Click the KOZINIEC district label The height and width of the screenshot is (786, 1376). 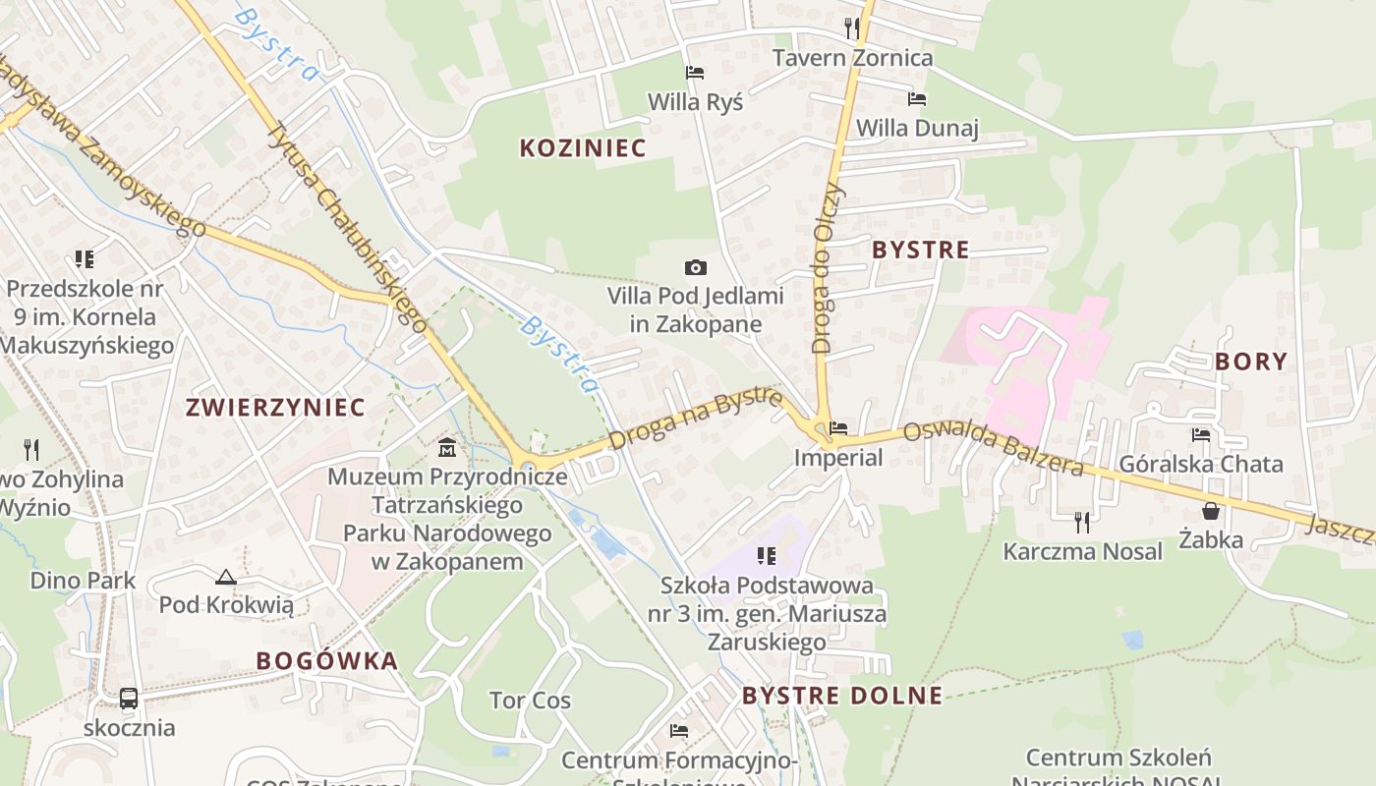583,148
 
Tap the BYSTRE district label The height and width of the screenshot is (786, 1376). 921,251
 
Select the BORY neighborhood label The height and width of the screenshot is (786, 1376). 1251,362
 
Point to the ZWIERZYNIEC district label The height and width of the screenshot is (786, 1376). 275,408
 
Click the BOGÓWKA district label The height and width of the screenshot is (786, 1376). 327,661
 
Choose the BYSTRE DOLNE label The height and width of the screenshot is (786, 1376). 842,697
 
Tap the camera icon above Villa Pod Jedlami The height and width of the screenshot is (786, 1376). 695,267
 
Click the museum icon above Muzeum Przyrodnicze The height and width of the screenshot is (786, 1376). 447,448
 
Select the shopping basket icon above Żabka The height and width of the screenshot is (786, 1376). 1211,511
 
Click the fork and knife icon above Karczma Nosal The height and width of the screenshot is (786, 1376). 1082,521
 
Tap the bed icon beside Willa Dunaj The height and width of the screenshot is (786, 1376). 917,99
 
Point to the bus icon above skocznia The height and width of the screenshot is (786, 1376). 129,699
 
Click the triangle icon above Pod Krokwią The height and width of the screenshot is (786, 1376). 226,577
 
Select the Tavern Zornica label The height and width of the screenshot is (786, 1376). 852,58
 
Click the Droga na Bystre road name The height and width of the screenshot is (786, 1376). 695,419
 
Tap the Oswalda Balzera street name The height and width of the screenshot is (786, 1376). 993,448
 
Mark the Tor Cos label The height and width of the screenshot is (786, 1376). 530,702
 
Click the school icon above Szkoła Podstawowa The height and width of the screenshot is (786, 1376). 767,557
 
